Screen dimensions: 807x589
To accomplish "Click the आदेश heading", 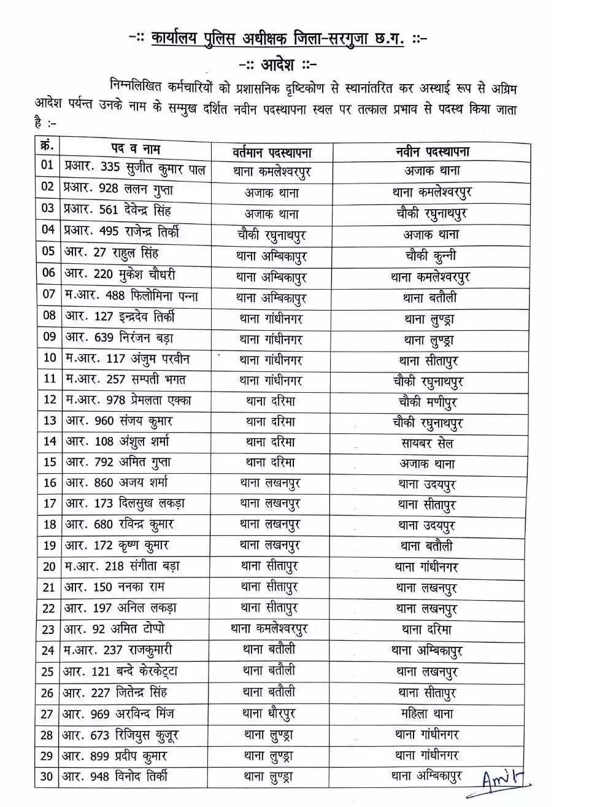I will click(277, 64).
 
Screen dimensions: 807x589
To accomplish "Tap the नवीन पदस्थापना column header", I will click(432, 152).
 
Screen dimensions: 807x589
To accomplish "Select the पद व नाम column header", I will click(136, 149).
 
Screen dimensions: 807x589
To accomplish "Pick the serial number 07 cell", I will click(48, 294).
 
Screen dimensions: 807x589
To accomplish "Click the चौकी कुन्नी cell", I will click(431, 255).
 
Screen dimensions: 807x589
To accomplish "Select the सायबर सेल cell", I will click(427, 443).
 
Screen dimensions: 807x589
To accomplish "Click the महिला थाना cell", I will click(426, 714).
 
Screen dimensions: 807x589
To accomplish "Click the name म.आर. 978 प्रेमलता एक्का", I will click(128, 400).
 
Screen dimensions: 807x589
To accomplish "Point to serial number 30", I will click(47, 777).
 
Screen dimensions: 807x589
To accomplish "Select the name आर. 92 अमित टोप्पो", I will click(115, 629).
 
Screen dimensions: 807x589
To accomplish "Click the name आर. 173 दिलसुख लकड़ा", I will click(125, 504).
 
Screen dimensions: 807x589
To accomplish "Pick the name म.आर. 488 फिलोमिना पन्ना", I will click(131, 295).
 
